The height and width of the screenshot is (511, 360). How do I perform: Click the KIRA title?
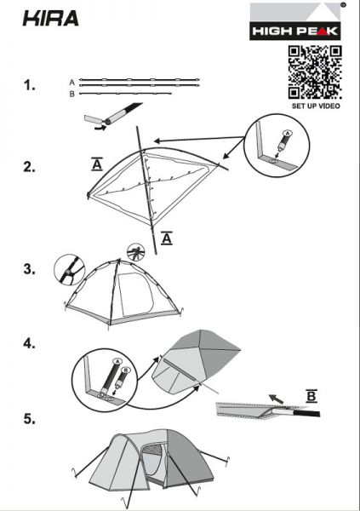point(51,18)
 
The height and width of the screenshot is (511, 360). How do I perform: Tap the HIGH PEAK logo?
point(295,21)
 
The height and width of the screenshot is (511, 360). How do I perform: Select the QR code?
point(315,72)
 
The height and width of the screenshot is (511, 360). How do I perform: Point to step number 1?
point(29,85)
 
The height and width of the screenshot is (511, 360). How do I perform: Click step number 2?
point(29,167)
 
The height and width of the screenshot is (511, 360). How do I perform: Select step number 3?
point(29,269)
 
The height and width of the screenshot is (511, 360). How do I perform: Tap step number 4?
point(29,343)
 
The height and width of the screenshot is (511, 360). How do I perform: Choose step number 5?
point(29,419)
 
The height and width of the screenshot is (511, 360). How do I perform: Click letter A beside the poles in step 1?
point(72,83)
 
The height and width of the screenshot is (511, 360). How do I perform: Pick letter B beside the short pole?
point(72,94)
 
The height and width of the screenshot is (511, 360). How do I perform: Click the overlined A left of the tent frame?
point(97,164)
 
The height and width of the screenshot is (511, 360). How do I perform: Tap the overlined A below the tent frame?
point(167,238)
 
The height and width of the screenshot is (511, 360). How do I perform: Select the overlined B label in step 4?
point(311,396)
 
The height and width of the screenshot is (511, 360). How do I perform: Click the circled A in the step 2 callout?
point(287,133)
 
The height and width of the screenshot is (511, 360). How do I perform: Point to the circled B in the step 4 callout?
point(126,370)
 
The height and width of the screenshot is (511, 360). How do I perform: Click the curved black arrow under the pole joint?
point(100,128)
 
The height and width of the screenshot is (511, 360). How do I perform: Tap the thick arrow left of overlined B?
point(276,399)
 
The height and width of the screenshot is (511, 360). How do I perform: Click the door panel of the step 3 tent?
point(135,294)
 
